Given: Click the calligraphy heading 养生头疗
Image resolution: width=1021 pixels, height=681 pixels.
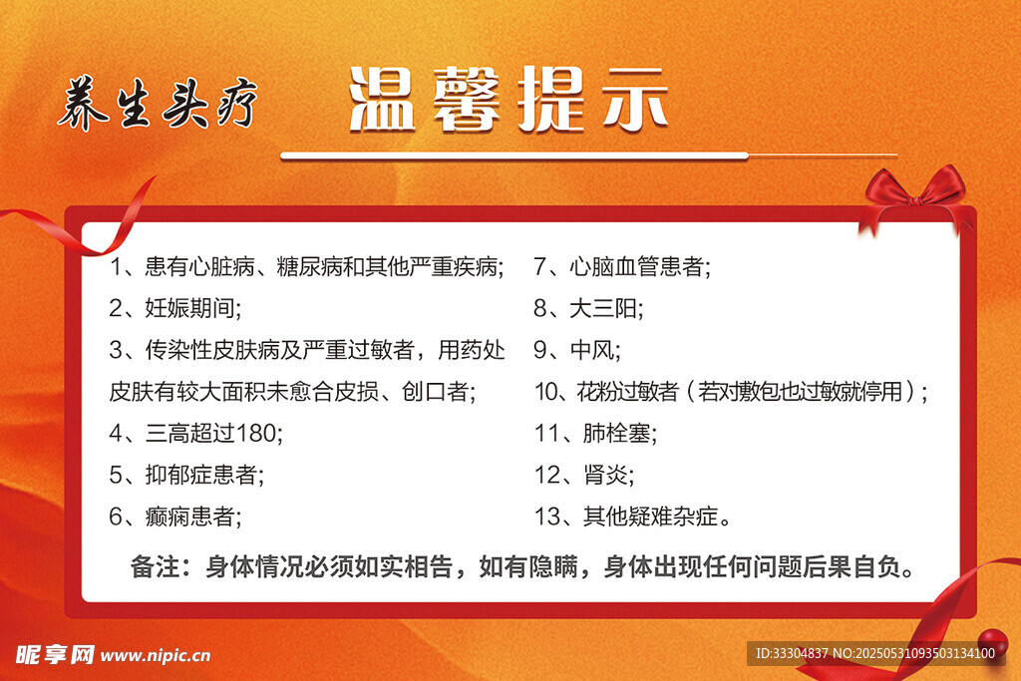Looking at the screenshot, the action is (x=159, y=103).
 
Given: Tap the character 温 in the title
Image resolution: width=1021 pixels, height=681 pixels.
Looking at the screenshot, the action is (x=383, y=100).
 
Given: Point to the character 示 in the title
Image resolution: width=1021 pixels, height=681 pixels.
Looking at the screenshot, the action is (x=635, y=100).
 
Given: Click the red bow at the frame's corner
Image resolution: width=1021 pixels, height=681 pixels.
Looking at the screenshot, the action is (x=915, y=196).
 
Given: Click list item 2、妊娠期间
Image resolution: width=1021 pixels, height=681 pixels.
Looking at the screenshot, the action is (x=175, y=308).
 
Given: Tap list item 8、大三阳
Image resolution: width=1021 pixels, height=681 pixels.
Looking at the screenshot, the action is (x=588, y=308).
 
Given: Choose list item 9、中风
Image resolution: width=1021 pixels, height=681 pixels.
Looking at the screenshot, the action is (x=577, y=350).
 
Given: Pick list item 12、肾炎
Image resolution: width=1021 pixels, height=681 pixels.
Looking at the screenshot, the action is (x=584, y=475).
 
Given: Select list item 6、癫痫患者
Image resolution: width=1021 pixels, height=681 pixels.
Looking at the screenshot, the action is (x=175, y=516).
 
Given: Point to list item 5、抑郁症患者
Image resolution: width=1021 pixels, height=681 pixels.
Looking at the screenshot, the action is (x=186, y=475).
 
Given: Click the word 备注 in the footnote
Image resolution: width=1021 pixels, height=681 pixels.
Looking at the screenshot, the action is (x=155, y=566).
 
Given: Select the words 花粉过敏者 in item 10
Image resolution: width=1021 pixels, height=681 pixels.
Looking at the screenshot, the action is (x=628, y=391).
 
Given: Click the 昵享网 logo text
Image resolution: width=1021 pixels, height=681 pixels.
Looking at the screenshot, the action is (x=55, y=654).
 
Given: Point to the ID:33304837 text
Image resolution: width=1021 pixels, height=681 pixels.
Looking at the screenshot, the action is (x=792, y=653).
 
